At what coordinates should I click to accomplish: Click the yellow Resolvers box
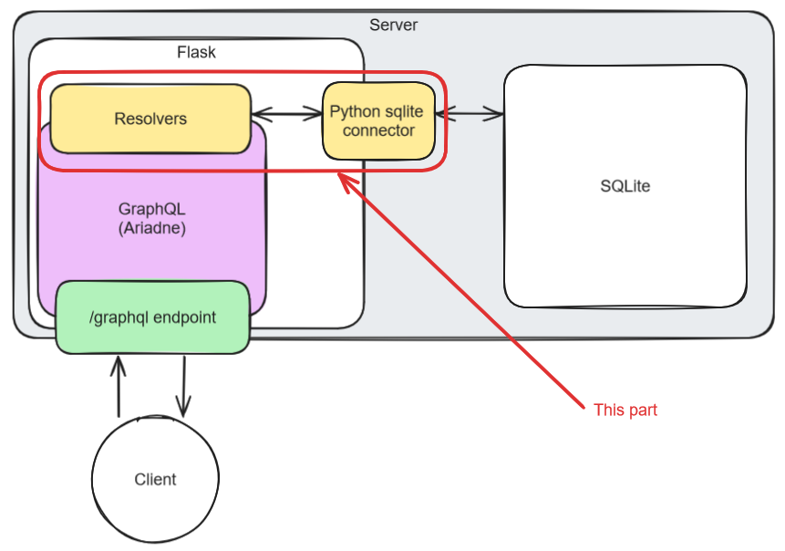(150, 119)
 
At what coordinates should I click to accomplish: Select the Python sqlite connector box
(378, 120)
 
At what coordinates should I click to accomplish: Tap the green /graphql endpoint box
(152, 317)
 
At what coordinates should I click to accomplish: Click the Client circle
(155, 480)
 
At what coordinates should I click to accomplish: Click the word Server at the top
(393, 25)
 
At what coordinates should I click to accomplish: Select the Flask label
(196, 52)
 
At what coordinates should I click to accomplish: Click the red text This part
(625, 411)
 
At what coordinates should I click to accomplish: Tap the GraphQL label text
(151, 208)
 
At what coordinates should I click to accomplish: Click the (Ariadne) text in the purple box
(151, 228)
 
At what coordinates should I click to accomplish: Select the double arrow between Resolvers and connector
(287, 114)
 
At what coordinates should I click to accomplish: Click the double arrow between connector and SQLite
(470, 114)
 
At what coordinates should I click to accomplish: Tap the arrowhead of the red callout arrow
(343, 178)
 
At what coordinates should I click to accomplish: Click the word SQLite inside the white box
(625, 186)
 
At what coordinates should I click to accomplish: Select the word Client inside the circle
(155, 480)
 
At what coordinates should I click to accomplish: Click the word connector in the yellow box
(378, 130)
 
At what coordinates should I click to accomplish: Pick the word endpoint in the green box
(185, 317)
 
